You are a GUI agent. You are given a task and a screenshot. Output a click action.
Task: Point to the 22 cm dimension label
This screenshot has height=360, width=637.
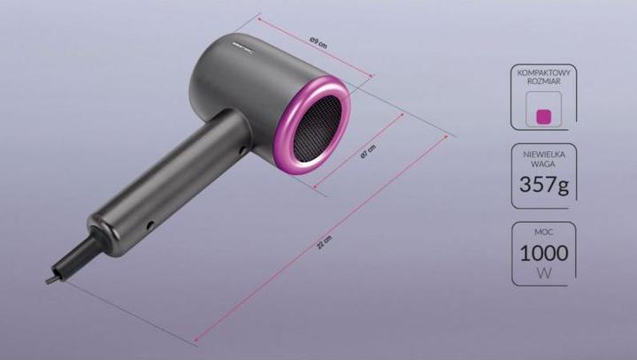325,243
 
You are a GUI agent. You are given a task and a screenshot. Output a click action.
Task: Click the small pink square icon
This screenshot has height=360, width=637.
544,115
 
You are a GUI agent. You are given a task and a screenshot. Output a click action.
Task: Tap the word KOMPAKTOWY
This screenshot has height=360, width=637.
543,75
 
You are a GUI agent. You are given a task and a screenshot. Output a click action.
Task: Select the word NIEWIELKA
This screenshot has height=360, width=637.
543,153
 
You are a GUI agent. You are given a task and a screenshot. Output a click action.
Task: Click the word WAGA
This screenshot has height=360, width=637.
543,164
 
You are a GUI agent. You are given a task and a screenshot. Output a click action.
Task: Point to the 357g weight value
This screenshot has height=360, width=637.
543,186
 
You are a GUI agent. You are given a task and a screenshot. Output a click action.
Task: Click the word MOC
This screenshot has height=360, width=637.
543,232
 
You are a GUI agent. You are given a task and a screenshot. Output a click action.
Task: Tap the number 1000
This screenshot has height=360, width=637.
543,254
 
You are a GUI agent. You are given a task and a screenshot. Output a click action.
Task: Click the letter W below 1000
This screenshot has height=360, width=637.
543,275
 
